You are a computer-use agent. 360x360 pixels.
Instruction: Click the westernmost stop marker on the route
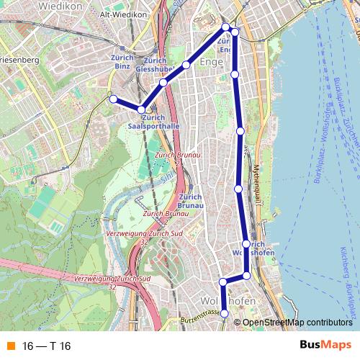pos(112,99)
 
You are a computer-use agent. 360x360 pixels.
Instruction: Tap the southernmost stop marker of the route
pos(225,313)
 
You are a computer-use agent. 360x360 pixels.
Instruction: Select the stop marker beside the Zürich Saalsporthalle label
pos(142,109)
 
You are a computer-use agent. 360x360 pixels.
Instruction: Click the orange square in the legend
pos(9,346)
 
